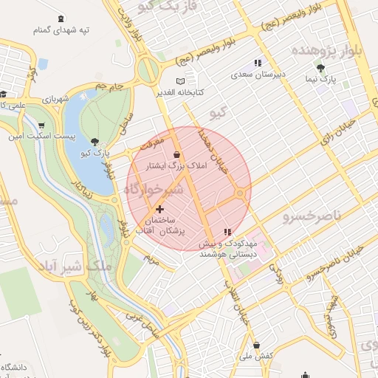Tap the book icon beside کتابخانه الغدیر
tap(182, 81)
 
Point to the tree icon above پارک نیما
tap(320, 67)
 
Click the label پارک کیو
tap(95, 153)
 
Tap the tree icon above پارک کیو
tap(95, 141)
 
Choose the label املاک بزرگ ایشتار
tap(179, 167)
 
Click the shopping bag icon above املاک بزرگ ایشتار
tap(176, 154)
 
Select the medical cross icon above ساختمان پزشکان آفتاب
tap(159, 210)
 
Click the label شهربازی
tap(55, 98)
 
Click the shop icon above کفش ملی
tap(256, 344)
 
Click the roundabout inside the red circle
tap(241, 193)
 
